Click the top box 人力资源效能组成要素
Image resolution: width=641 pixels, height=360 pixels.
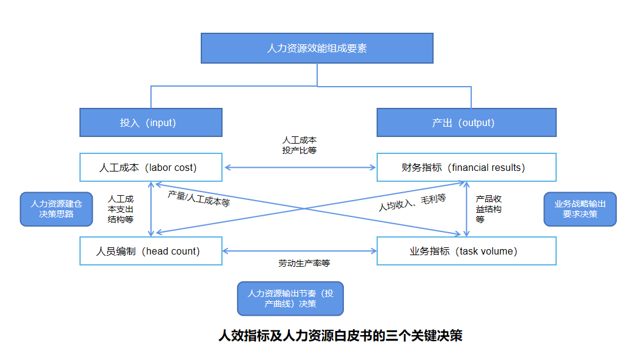pyautogui.click(x=317, y=48)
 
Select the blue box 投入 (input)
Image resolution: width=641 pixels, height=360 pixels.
pyautogui.click(x=150, y=122)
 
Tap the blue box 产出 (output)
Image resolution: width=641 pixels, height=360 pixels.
pyautogui.click(x=466, y=122)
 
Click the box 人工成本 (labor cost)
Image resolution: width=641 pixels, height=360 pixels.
pyautogui.click(x=150, y=167)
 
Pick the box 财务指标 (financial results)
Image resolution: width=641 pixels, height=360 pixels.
pyautogui.click(x=466, y=167)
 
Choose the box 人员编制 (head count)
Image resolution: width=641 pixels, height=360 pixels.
pyautogui.click(x=150, y=251)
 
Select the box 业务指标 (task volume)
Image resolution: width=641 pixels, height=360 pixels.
pyautogui.click(x=466, y=251)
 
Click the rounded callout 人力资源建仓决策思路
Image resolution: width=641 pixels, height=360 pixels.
pyautogui.click(x=56, y=209)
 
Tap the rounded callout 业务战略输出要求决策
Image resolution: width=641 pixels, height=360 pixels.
pyautogui.click(x=580, y=209)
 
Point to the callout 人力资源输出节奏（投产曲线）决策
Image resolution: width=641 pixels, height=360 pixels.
pyautogui.click(x=290, y=298)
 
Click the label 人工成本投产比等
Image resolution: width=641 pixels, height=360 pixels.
pyautogui.click(x=299, y=145)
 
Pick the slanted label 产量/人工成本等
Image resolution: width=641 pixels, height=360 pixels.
pyautogui.click(x=199, y=199)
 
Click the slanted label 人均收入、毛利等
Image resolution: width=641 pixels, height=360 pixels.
pyautogui.click(x=412, y=202)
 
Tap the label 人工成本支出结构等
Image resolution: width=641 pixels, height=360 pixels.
pyautogui.click(x=121, y=209)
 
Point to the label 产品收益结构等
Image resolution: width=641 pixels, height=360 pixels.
pyautogui.click(x=488, y=209)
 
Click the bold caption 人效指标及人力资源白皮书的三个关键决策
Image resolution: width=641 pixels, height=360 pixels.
pyautogui.click(x=340, y=336)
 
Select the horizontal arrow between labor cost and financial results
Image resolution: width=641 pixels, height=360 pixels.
pyautogui.click(x=300, y=167)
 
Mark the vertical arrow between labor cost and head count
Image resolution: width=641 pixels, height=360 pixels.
pyautogui.click(x=151, y=209)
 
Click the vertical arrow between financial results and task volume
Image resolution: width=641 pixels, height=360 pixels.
pyautogui.click(x=466, y=209)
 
